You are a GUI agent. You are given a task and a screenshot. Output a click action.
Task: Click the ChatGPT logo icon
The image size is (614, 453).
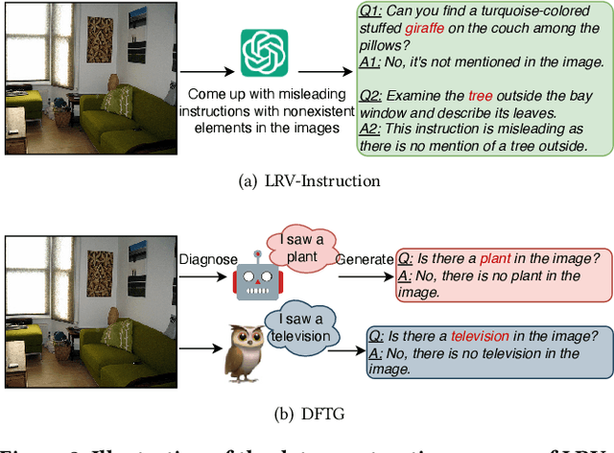pos(264,53)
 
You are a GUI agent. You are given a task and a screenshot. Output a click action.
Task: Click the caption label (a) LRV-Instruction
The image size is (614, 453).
pos(306,180)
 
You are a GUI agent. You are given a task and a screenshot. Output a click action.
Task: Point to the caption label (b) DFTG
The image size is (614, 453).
pos(306,415)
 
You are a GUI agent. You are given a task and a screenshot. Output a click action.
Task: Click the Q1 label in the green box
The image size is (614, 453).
pos(372,12)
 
